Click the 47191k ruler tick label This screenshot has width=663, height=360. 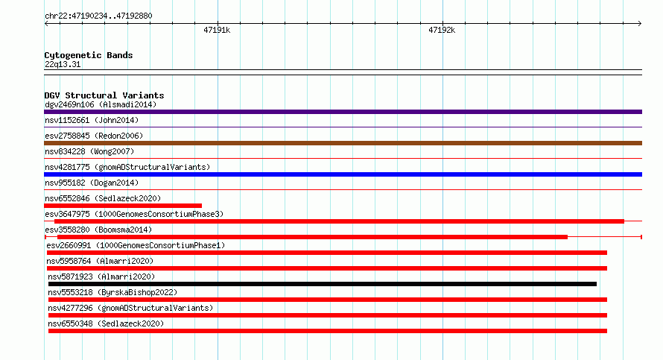tap(217, 30)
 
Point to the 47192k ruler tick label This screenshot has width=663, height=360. tap(442, 30)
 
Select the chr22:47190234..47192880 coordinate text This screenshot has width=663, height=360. tap(98, 16)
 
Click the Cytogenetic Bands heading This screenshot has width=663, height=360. tap(89, 55)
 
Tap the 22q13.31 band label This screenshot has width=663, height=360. tap(63, 64)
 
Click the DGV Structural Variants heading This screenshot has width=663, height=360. tap(104, 95)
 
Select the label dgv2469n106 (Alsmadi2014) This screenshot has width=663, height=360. tap(101, 104)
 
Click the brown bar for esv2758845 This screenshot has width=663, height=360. tap(343, 143)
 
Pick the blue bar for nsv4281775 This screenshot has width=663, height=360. tap(343, 174)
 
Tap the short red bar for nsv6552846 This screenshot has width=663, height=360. tap(123, 206)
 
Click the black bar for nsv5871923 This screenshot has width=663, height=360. tap(323, 284)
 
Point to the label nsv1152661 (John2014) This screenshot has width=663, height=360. tap(92, 120)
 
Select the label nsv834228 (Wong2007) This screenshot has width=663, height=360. tap(89, 151)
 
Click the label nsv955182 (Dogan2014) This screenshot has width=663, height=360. tap(92, 183)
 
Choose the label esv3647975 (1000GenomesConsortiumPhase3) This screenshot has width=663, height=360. tap(134, 214)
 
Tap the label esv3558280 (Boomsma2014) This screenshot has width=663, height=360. tap(98, 230)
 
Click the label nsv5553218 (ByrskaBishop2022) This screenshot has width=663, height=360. tap(112, 292)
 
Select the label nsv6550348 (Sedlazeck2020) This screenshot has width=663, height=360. tap(106, 323)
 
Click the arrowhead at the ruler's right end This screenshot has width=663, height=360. tap(640, 24)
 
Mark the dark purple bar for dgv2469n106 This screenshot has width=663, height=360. tap(343, 112)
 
